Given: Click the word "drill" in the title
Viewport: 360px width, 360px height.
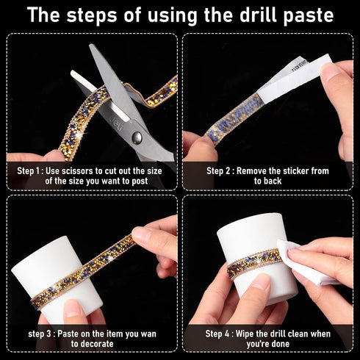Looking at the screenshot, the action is pyautogui.click(x=259, y=15).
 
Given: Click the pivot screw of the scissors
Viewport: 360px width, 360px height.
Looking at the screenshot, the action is pyautogui.click(x=137, y=138).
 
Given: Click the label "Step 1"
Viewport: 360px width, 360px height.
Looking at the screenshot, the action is pyautogui.click(x=29, y=170).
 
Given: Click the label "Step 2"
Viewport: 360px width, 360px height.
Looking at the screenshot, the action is pyautogui.click(x=218, y=170).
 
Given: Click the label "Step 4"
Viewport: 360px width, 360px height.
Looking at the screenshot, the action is pyautogui.click(x=217, y=334).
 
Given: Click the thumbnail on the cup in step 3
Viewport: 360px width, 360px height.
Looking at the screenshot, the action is pyautogui.click(x=73, y=308).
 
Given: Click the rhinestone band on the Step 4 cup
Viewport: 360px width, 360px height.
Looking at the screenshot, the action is pyautogui.click(x=255, y=262).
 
